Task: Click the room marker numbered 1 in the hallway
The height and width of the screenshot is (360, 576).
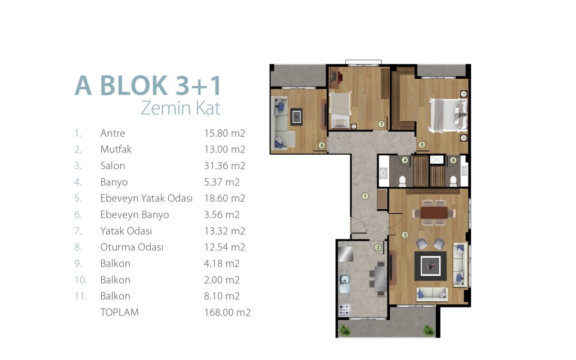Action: coord(364,196)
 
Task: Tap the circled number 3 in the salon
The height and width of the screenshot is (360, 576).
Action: coord(405,235)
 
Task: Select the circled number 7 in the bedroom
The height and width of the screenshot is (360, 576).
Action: coord(381,124)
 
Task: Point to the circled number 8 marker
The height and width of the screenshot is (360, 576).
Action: coord(322,146)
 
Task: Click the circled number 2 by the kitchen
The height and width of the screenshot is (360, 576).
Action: coord(377,247)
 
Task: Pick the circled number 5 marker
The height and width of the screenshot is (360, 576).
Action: coord(422,145)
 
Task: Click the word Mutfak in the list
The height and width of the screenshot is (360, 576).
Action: coord(116,149)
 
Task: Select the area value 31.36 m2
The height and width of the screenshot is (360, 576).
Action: coord(224,166)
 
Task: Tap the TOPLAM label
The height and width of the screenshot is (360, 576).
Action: coord(119,312)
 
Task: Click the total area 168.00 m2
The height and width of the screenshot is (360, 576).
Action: coord(227,312)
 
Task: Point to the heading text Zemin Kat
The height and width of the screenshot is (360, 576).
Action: coord(181,108)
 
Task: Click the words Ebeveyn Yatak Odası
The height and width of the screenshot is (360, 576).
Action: coord(146,199)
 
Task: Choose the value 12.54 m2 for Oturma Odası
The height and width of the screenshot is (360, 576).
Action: coord(224,247)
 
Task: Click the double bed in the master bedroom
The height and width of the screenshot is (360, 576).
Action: coord(448,115)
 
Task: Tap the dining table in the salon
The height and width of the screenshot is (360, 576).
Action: coord(434,213)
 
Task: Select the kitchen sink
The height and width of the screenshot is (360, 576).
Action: coord(344,283)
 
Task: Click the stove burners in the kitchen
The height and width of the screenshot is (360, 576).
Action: coord(344,310)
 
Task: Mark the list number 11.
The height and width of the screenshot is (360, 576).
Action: coord(81,296)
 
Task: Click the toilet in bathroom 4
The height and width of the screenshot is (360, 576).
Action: coord(403,181)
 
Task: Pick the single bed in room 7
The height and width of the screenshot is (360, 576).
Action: coord(340,110)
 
